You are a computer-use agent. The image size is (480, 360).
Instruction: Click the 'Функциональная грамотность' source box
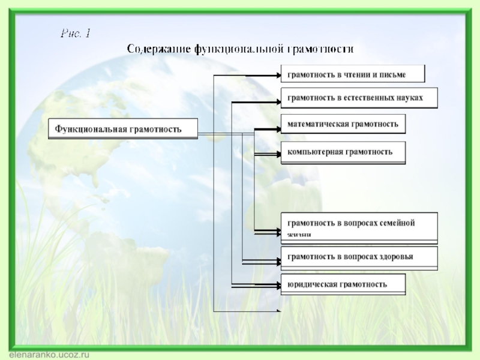pos(123,129)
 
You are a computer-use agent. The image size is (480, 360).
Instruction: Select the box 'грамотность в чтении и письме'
pos(353,74)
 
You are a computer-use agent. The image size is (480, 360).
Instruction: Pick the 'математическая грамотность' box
pos(343,124)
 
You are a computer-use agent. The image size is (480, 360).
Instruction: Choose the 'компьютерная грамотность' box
pos(343,152)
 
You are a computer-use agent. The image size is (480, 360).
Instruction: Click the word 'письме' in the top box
pos(393,75)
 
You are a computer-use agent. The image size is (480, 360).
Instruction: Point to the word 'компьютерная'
pos(311,152)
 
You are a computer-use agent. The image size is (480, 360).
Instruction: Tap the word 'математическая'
pos(315,124)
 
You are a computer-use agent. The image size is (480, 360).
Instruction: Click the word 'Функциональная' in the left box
pos(89,129)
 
